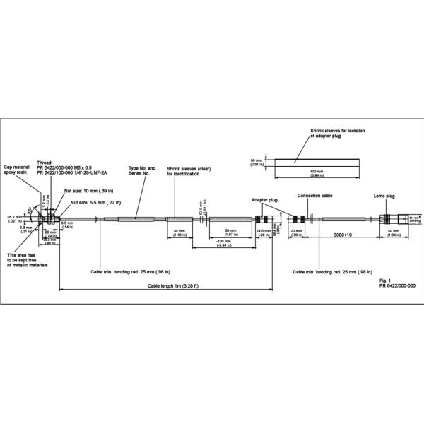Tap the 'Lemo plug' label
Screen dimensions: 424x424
click(383, 194)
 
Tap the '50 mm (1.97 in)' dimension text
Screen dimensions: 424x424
click(230, 234)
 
